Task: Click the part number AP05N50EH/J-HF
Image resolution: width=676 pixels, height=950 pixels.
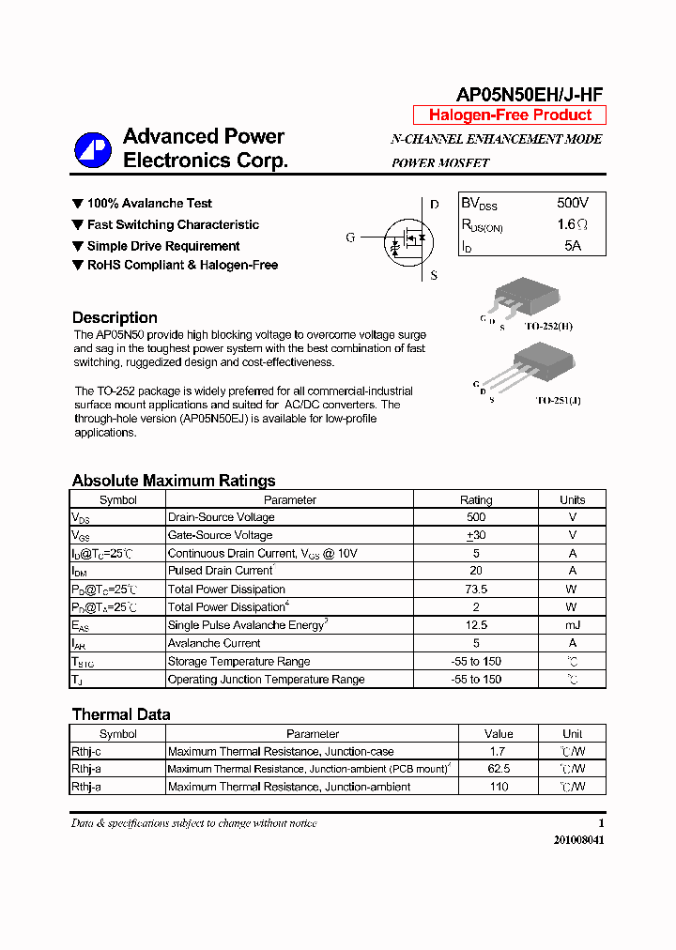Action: [x=529, y=94]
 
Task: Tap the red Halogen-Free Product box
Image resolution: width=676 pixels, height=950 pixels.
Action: [x=510, y=115]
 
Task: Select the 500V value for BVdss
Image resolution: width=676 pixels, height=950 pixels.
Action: [x=573, y=203]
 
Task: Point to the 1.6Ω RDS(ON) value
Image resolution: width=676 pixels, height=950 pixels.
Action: [x=572, y=224]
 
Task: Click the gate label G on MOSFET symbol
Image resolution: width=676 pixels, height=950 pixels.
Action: [x=350, y=237]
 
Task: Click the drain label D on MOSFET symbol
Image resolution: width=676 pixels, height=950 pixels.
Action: [x=434, y=205]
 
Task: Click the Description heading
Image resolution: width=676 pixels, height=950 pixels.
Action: [x=115, y=317]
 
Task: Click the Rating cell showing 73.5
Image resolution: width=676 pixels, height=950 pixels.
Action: [x=476, y=590]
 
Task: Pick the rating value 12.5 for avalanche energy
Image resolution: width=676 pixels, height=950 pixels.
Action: [x=476, y=625]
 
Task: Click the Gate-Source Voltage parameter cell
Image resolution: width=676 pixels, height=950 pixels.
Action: [x=221, y=535]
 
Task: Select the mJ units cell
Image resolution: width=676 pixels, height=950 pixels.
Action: [x=572, y=625]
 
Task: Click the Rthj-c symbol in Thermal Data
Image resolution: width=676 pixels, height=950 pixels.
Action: [x=86, y=751]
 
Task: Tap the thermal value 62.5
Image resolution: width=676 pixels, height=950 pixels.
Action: [x=499, y=769]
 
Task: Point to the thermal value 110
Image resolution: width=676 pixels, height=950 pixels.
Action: [x=499, y=787]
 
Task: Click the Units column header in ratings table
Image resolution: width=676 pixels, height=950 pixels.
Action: [x=572, y=499]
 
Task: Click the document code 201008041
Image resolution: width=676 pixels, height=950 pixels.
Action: [x=578, y=840]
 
